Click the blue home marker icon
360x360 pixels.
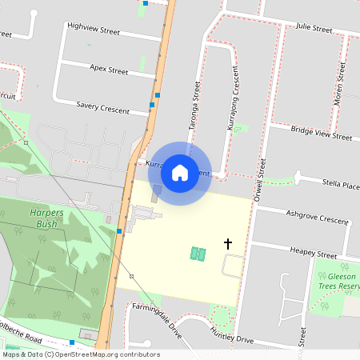[x=180, y=172]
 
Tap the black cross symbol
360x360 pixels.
[x=228, y=243]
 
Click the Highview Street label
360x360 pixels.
[x=94, y=30]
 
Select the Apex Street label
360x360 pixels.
[x=109, y=70]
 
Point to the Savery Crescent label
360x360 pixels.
[x=102, y=107]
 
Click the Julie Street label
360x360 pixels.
[x=314, y=29]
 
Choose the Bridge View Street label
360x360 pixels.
[x=322, y=133]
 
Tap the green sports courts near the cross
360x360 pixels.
[x=198, y=254]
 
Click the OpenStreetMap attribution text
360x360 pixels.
[x=80, y=354]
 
